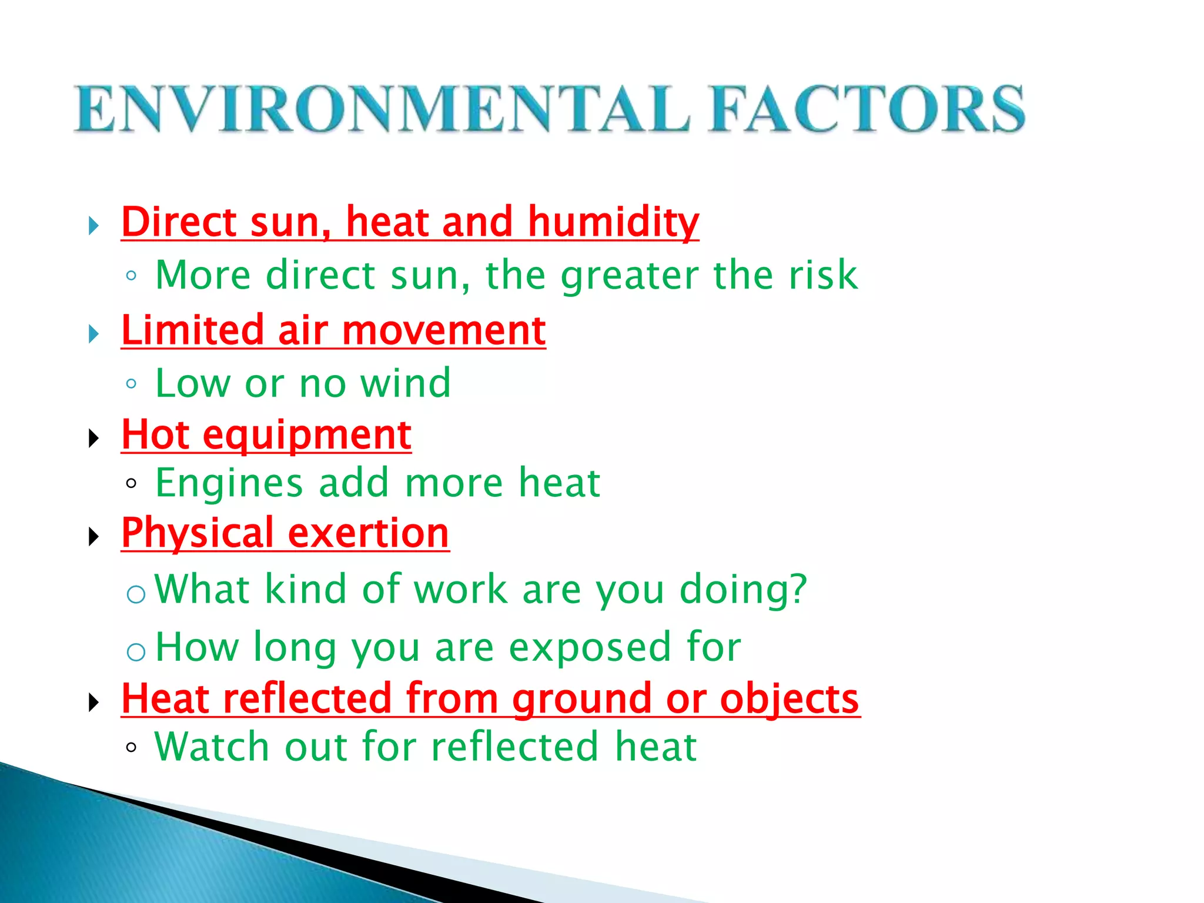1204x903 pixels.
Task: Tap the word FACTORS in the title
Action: pyautogui.click(x=867, y=109)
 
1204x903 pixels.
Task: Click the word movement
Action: pyautogui.click(x=444, y=330)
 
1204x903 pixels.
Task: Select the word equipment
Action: pyautogui.click(x=307, y=436)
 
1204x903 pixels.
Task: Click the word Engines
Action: pyautogui.click(x=229, y=483)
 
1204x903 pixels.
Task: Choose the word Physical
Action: pyautogui.click(x=198, y=534)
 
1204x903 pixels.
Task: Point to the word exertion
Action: pyautogui.click(x=369, y=533)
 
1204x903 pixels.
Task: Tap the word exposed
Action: pyautogui.click(x=589, y=647)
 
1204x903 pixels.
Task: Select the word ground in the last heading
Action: pyautogui.click(x=581, y=700)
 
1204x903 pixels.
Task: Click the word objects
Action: pyautogui.click(x=790, y=700)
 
